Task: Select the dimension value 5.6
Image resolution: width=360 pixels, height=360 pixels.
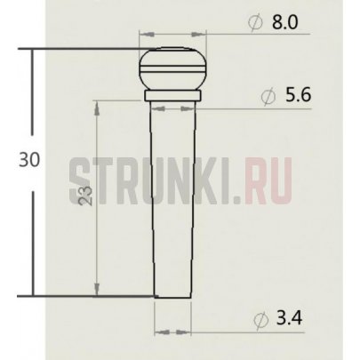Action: point(289,96)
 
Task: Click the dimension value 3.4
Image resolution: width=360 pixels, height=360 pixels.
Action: point(289,319)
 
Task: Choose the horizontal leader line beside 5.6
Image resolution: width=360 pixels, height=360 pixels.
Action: point(240,107)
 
